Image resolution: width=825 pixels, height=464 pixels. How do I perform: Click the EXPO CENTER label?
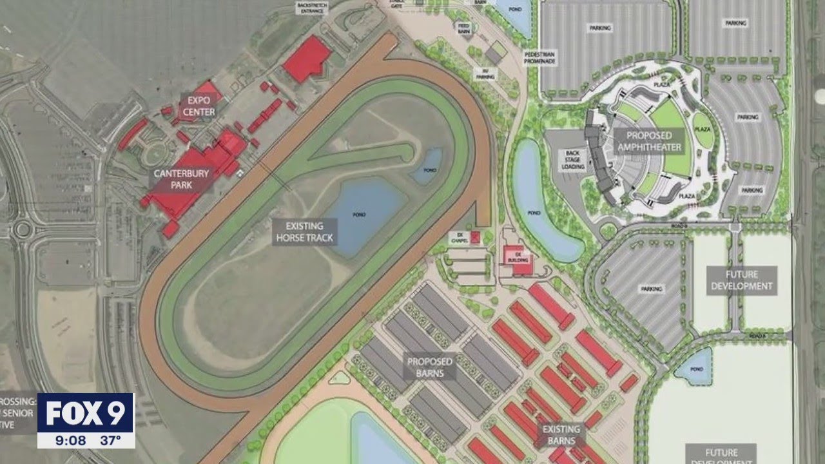(x=199, y=106)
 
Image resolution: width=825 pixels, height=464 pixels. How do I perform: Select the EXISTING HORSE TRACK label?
(x=305, y=231)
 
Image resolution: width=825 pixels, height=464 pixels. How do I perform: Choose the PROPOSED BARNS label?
(x=430, y=367)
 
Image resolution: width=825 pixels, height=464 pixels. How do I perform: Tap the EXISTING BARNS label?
(x=561, y=434)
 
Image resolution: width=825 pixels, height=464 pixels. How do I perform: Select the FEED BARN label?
(x=464, y=28)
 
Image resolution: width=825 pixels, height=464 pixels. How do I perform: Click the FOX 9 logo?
(x=86, y=412)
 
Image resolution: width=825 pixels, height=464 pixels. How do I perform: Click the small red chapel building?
(x=476, y=237)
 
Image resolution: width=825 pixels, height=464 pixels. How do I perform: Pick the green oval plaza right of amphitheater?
(x=703, y=130)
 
